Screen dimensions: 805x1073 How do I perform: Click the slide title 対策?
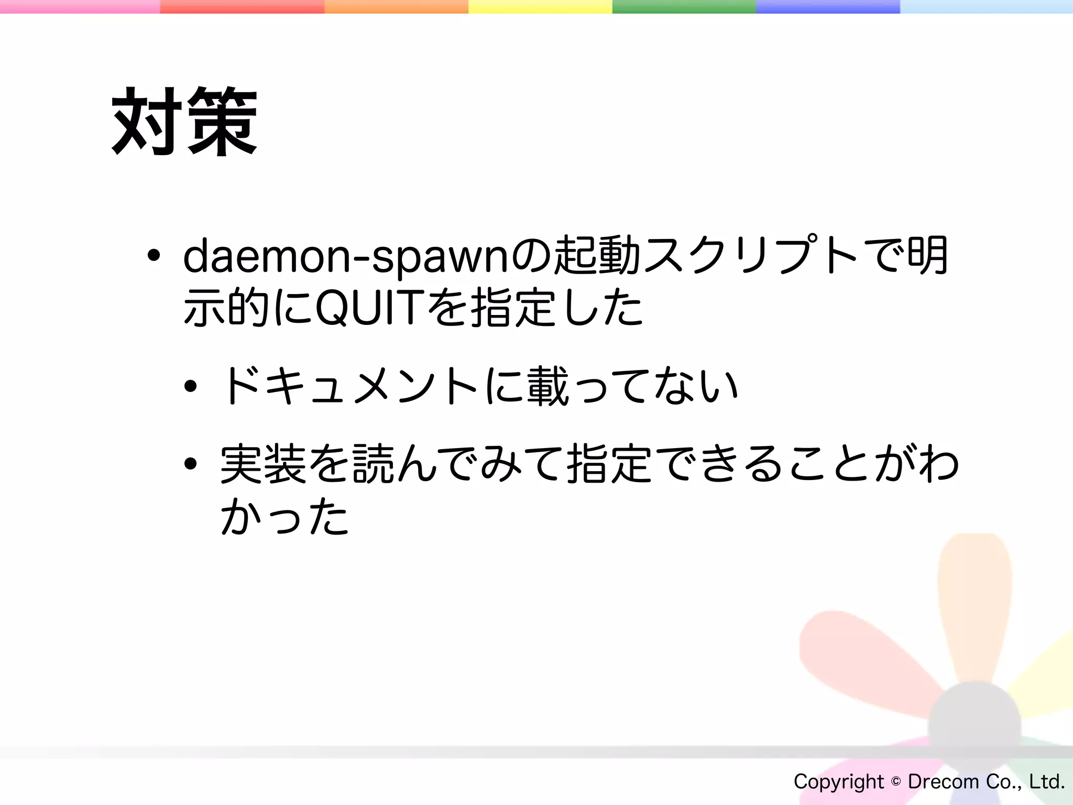pos(184,122)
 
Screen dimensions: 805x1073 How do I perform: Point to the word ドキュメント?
pos(349,387)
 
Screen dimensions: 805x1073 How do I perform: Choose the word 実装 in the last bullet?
pos(263,464)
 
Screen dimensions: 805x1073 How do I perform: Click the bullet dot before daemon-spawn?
pos(154,256)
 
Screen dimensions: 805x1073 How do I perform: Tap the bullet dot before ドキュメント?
pos(190,387)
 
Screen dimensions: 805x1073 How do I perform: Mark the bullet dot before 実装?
pos(190,464)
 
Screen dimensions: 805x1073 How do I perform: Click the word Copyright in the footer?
pos(838,782)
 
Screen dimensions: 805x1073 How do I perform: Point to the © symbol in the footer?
pos(896,782)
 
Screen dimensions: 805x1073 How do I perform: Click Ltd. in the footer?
pos(1047,782)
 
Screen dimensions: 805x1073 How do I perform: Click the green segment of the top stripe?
pos(684,6)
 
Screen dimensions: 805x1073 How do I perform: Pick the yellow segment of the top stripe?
pos(540,6)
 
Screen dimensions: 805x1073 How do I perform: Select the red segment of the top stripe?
pos(242,6)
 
